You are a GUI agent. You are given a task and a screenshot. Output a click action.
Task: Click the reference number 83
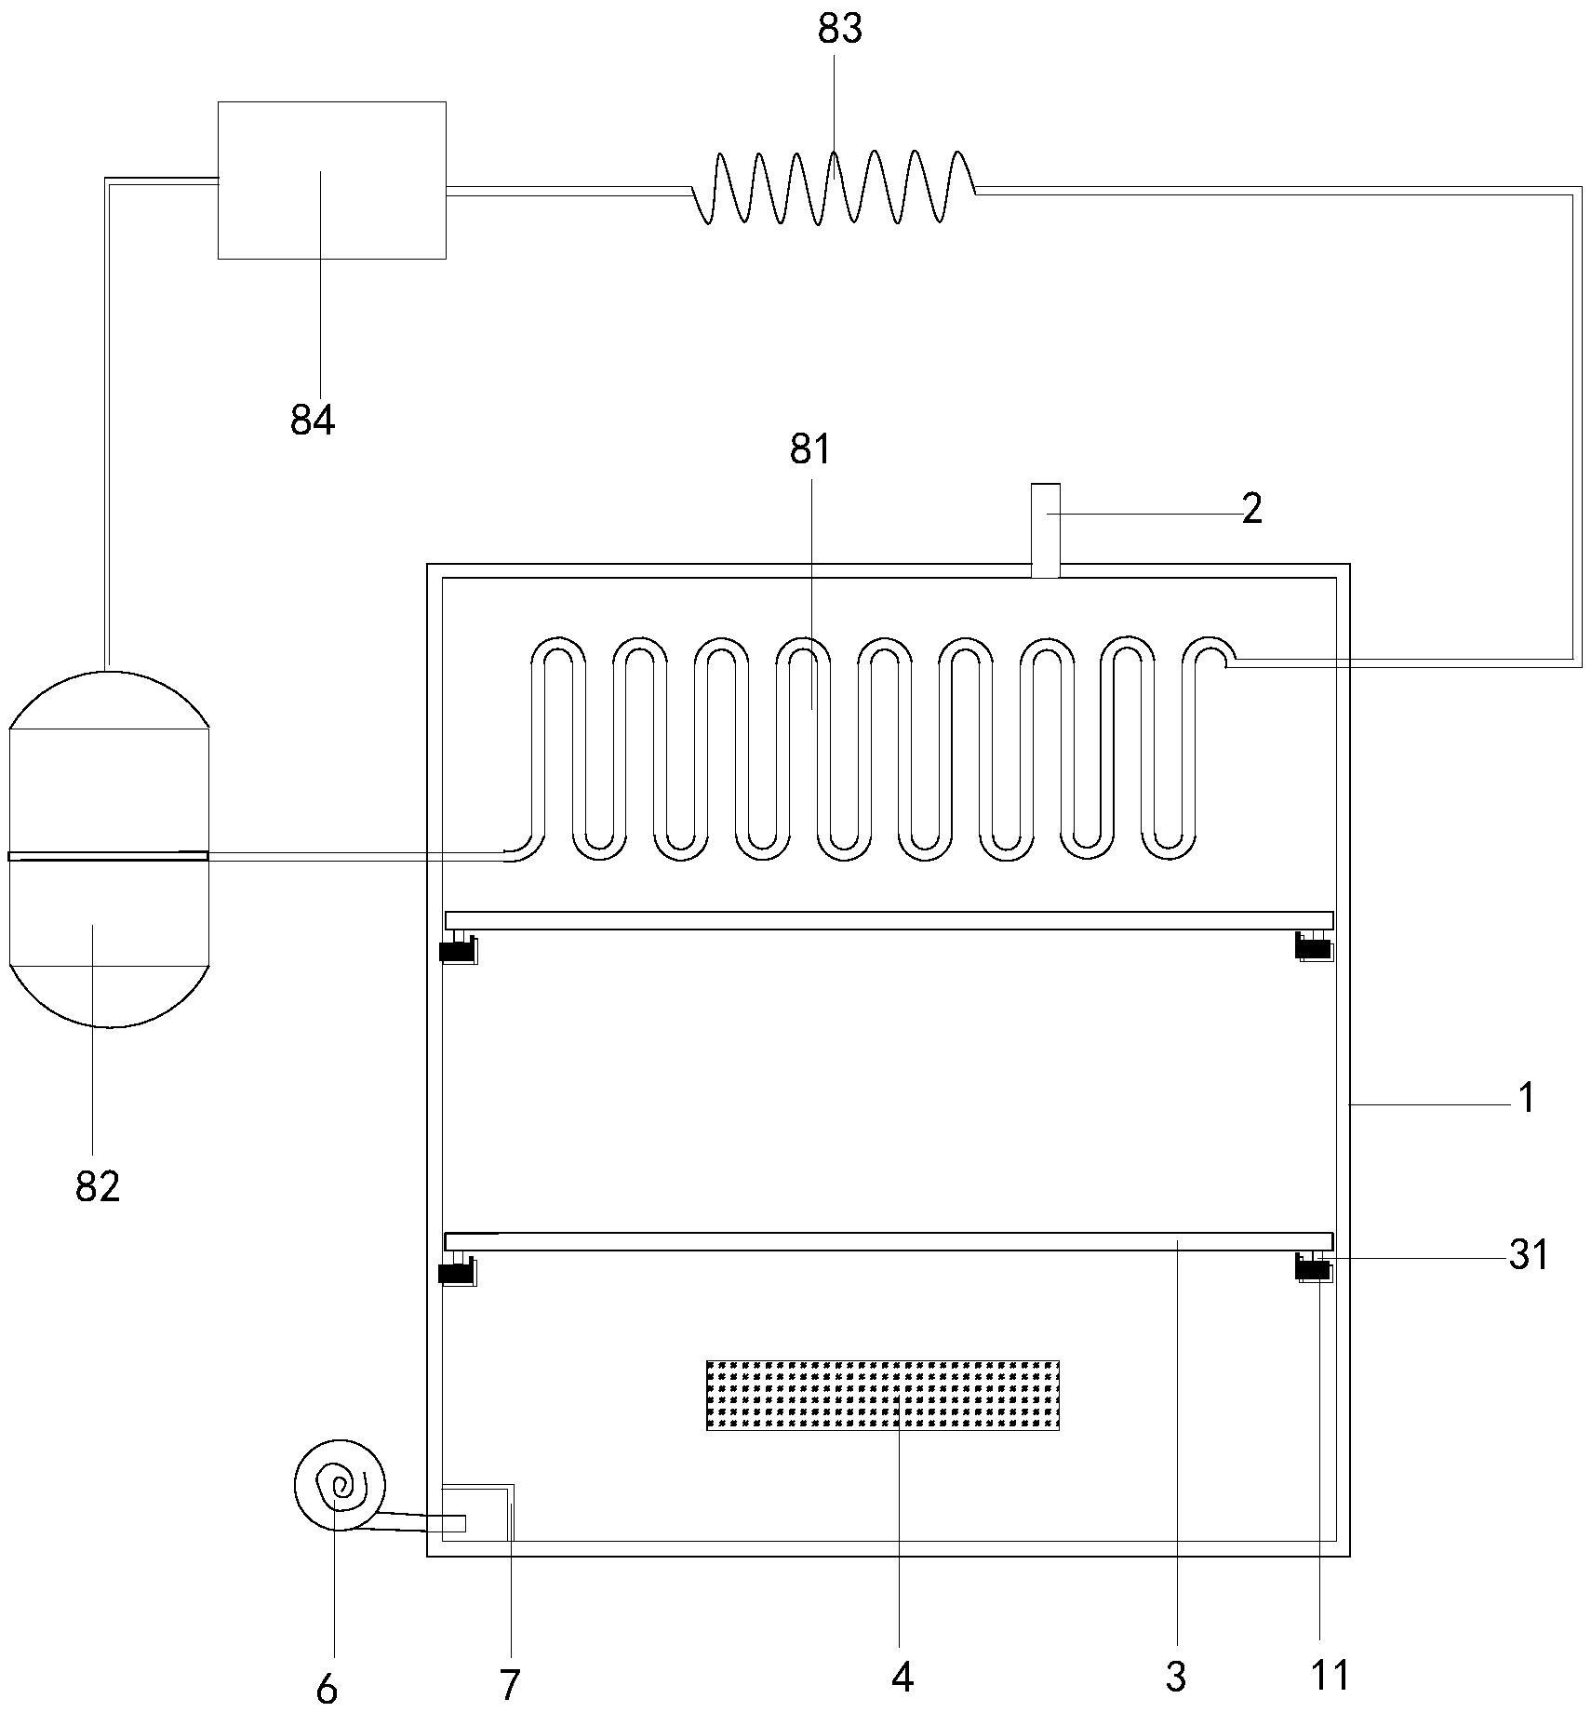pos(840,29)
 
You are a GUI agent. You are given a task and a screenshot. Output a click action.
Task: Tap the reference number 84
pos(313,421)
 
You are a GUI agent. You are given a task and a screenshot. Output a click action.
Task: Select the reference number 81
pos(809,449)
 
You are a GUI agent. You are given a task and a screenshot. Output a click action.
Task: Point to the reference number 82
pos(98,1187)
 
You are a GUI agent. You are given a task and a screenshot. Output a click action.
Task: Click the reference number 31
pos(1529,1255)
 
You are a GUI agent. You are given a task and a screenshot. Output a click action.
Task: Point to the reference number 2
pos(1252,509)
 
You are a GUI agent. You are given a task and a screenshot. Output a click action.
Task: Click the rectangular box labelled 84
pos(332,180)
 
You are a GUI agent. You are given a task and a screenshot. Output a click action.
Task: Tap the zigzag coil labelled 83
pos(834,187)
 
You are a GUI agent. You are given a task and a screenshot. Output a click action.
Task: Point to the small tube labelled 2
pos(1046,529)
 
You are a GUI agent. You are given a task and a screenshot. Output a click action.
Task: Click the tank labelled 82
pos(109,849)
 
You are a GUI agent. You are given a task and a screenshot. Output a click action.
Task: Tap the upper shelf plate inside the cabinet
pos(889,920)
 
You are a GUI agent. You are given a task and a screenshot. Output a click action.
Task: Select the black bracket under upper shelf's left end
pos(457,950)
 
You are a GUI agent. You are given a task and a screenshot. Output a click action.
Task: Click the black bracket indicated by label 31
pos(1314,1267)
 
